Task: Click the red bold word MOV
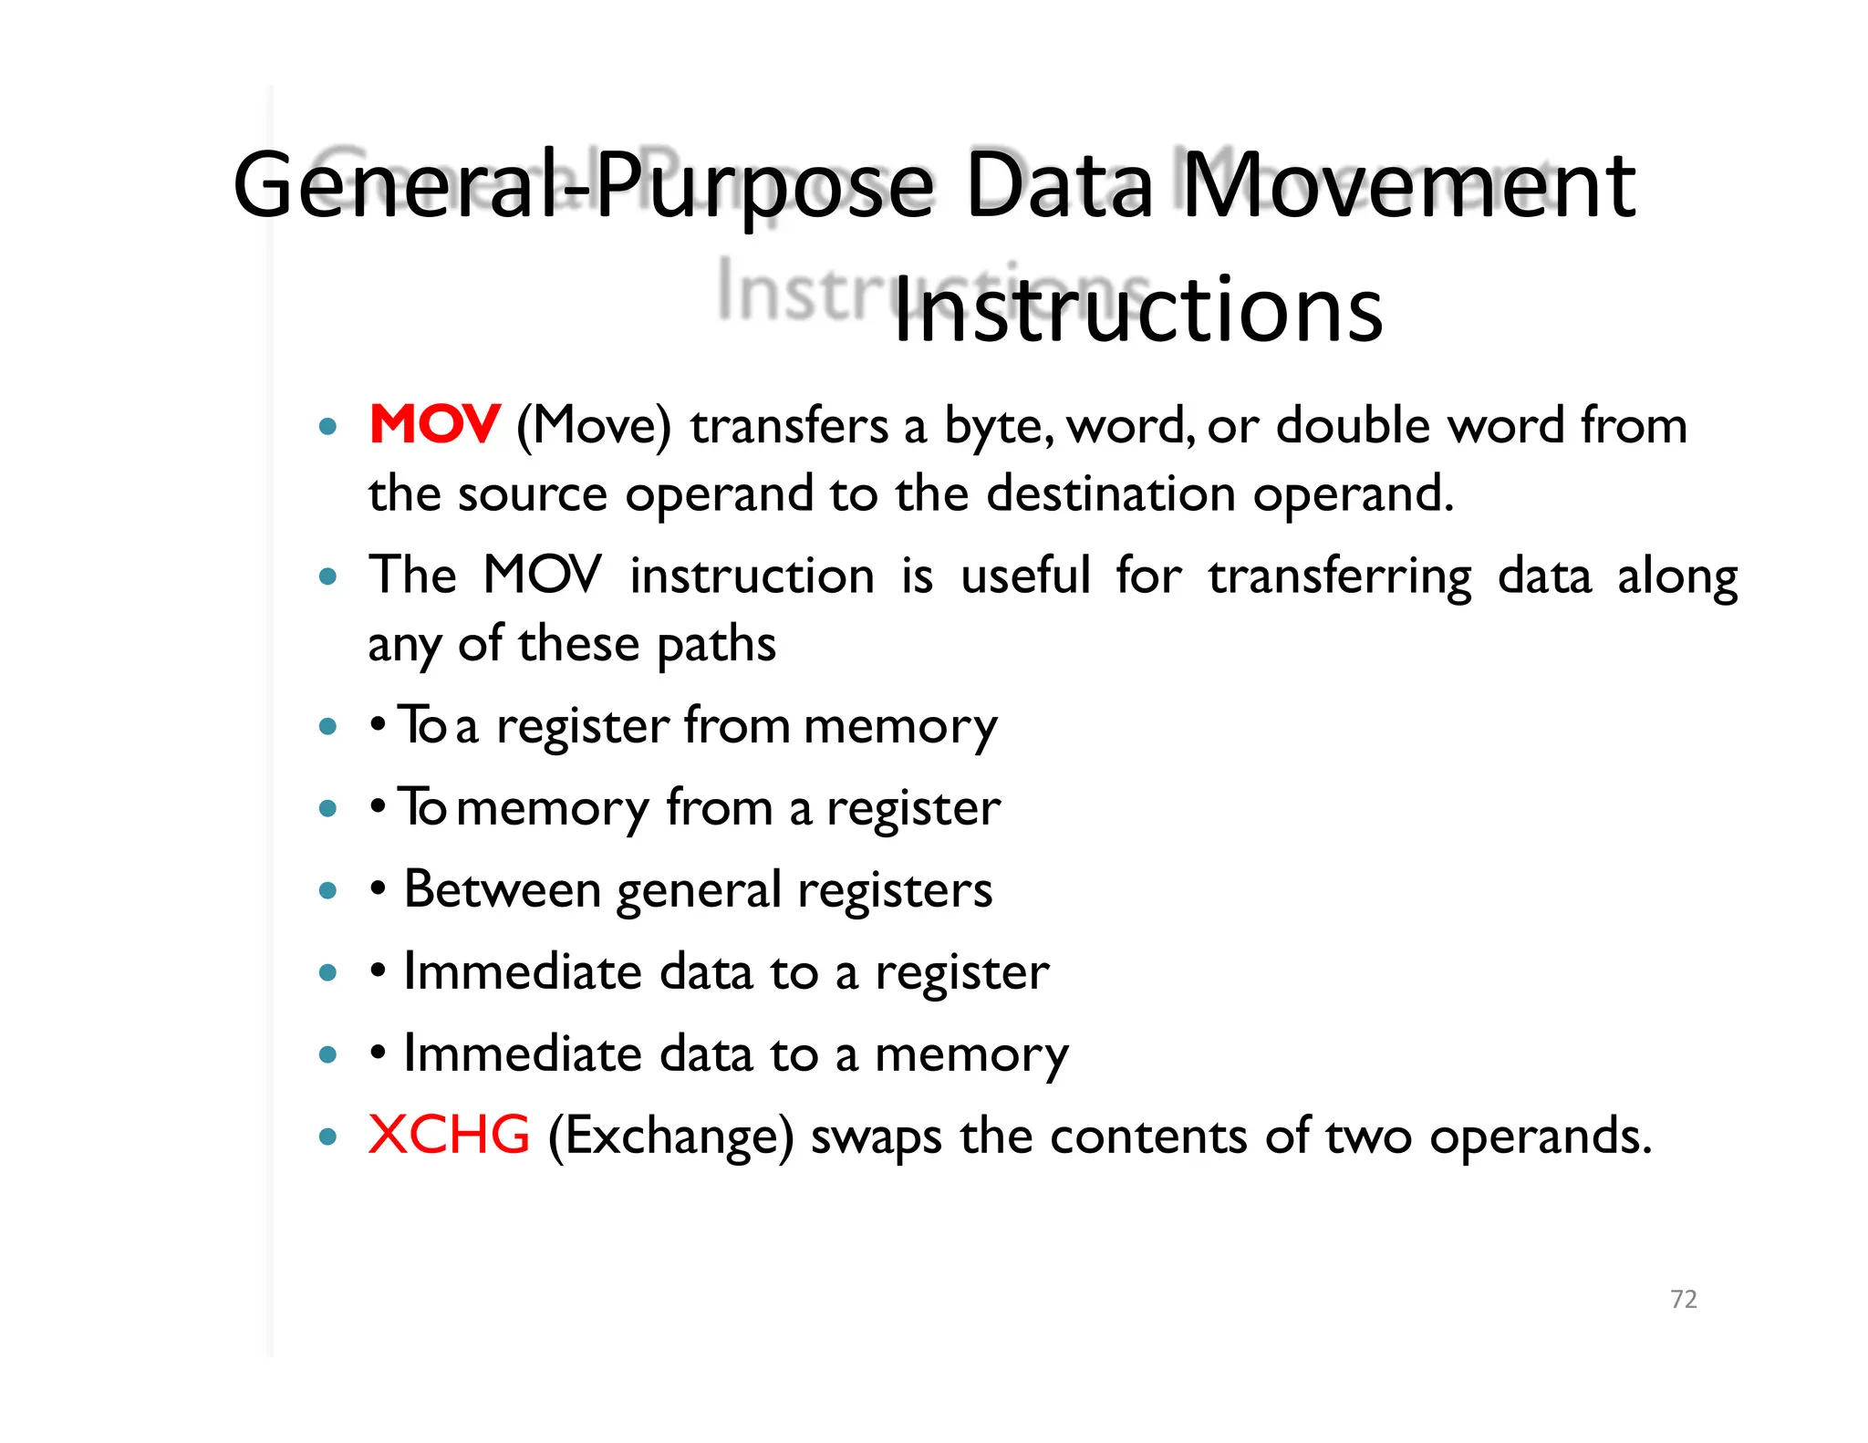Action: coord(434,425)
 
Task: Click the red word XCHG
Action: coord(448,1136)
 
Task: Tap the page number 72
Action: coord(1683,1299)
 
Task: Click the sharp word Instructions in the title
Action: coord(1138,311)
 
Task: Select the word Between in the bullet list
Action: coord(502,889)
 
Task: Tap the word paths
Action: coord(716,645)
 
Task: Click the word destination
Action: coord(1111,494)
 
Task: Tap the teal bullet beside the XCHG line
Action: coord(328,1137)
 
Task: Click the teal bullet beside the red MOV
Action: coord(328,426)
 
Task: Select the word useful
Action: coord(1025,576)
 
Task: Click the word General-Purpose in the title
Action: coord(584,187)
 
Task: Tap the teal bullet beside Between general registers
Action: coord(328,890)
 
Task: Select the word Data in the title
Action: coord(1059,187)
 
